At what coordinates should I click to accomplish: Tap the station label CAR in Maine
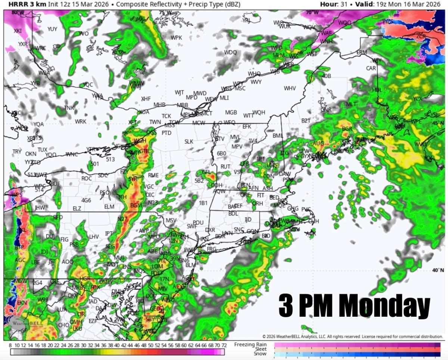(x=371, y=68)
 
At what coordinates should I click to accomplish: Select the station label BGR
(x=347, y=129)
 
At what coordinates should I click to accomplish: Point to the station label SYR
(x=133, y=179)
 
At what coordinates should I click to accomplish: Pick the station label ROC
(x=87, y=178)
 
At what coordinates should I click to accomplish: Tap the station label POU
(x=198, y=223)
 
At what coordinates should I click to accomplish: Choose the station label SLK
(x=189, y=142)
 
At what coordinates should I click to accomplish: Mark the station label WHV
(x=290, y=88)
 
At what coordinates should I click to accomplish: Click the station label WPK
(x=176, y=38)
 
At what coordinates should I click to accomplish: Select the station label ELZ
(x=77, y=209)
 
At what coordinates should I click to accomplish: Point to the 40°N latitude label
(x=438, y=270)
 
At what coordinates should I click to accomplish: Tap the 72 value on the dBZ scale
(x=224, y=345)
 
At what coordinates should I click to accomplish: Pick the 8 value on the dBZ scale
(x=10, y=345)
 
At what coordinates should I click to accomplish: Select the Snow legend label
(x=260, y=353)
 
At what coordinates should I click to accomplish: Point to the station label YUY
(x=52, y=29)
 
